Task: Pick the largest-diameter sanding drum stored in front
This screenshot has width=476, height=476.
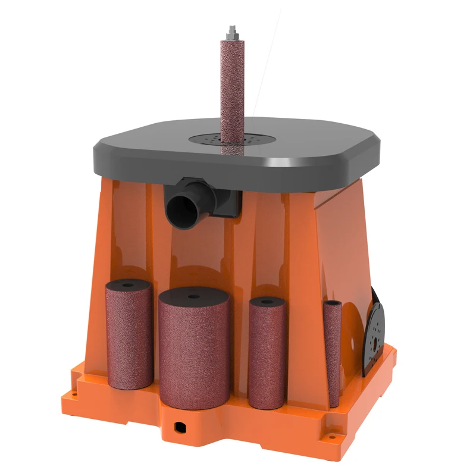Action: pos(194,351)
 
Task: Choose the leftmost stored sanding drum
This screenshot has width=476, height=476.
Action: pos(129,336)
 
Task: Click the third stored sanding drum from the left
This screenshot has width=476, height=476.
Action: pos(267,354)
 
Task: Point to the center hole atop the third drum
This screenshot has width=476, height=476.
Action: pos(267,302)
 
